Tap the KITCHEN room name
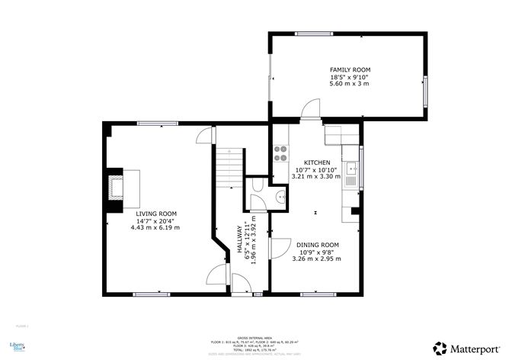coord(317,163)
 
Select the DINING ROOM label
coord(317,245)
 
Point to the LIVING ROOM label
coord(156,214)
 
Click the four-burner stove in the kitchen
coord(280,153)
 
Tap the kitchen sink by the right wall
coord(351,175)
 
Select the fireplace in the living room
coord(116,187)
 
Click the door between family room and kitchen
coord(310,111)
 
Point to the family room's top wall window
coord(313,34)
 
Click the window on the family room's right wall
coord(425,91)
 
